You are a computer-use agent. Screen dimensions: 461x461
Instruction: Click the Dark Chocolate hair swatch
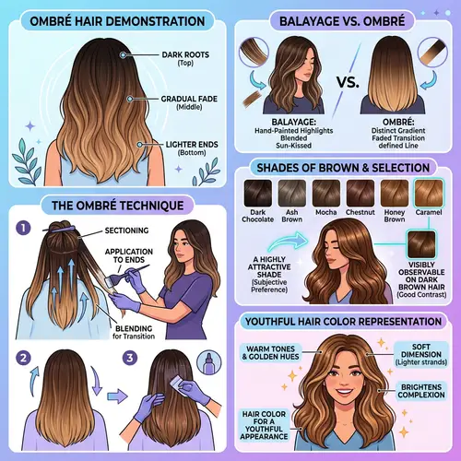click(255, 194)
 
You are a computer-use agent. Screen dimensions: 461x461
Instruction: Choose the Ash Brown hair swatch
click(291, 194)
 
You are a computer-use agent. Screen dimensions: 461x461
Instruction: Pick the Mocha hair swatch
click(326, 194)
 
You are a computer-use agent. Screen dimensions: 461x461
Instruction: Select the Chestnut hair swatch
click(361, 194)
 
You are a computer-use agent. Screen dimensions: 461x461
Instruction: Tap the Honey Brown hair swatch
click(396, 194)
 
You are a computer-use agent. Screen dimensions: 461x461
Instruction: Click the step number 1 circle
click(26, 224)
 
